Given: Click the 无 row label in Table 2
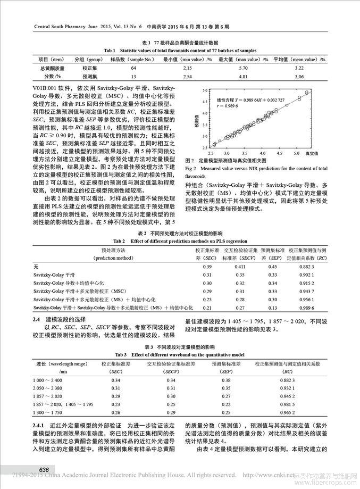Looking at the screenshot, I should click(x=36, y=266).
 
